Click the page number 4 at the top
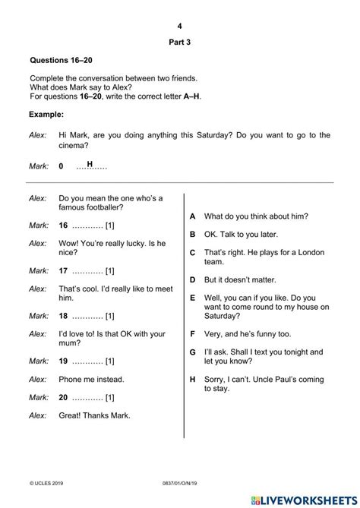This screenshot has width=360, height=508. point(180,26)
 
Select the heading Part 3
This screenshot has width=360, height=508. point(180,43)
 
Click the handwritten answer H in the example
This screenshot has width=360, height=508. point(90,164)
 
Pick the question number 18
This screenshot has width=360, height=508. point(63,315)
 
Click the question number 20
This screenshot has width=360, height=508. point(63,397)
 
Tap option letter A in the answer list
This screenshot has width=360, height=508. point(193,216)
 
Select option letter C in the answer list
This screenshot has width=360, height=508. point(193,252)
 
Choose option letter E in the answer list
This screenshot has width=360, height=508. point(193,298)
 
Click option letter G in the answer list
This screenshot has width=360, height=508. point(193,352)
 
